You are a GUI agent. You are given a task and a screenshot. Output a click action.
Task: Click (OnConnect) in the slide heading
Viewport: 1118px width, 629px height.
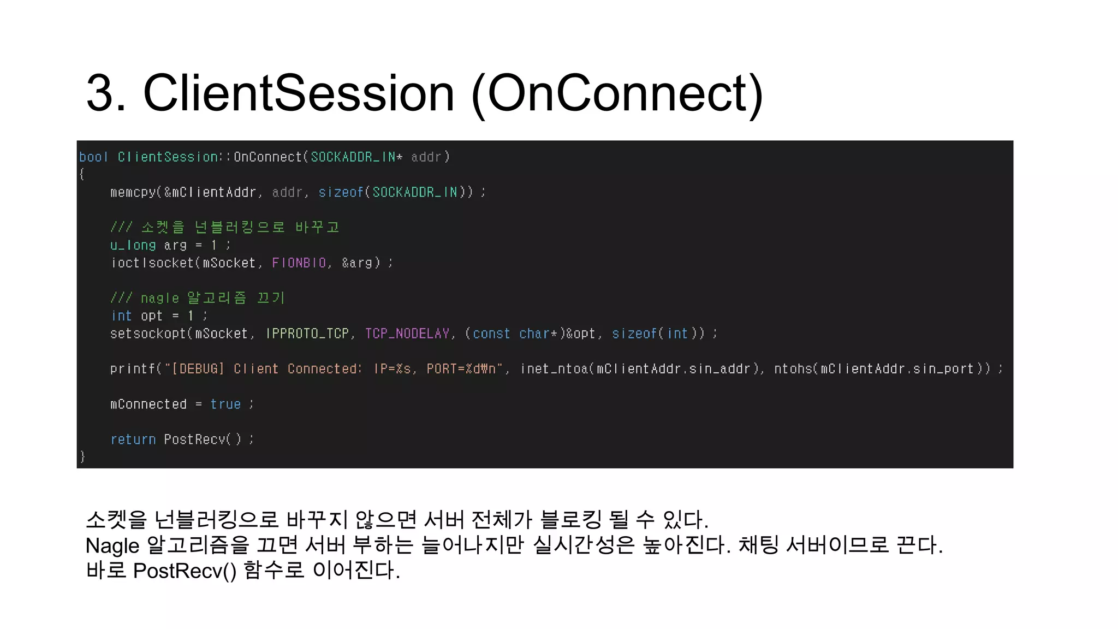point(617,94)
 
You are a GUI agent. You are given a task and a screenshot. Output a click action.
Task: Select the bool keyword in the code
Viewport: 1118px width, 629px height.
point(93,157)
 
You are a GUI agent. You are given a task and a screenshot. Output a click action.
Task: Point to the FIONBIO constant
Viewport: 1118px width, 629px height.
point(299,263)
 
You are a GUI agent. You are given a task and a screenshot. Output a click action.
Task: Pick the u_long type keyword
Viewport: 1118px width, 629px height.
point(133,246)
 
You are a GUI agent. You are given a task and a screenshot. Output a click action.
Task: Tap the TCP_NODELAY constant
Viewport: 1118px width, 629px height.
point(407,334)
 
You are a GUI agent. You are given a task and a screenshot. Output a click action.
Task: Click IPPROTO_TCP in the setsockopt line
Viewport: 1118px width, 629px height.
point(307,334)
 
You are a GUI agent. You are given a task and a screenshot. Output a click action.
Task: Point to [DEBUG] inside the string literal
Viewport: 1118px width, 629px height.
point(198,369)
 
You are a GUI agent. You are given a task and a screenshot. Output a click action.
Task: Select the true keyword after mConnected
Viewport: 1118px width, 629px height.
point(225,405)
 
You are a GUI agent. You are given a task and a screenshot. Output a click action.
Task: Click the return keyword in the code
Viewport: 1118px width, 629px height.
point(133,440)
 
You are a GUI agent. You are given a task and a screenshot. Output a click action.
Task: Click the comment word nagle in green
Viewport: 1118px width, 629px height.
point(159,299)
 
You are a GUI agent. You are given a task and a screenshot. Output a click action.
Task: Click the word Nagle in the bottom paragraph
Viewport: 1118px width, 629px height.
point(112,545)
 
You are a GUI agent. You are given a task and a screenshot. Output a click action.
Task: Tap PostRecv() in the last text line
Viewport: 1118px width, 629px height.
point(185,571)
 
